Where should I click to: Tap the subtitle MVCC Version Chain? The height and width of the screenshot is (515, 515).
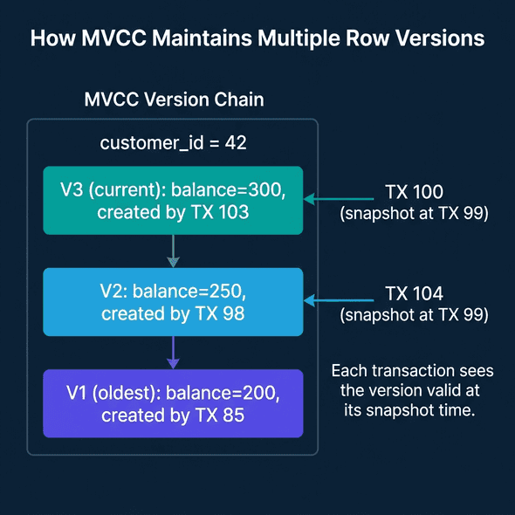click(x=174, y=100)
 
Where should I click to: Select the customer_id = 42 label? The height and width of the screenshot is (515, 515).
click(x=173, y=142)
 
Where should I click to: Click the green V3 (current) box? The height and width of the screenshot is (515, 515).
click(x=173, y=200)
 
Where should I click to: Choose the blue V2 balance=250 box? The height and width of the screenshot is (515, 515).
click(x=173, y=302)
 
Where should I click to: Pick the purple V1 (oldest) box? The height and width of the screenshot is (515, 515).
click(x=173, y=403)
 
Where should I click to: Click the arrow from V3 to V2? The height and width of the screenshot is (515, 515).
click(x=173, y=251)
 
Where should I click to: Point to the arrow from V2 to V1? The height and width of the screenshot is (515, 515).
click(x=173, y=352)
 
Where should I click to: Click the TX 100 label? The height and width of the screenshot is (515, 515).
click(x=415, y=191)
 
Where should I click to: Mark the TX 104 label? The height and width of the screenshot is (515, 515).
click(x=415, y=293)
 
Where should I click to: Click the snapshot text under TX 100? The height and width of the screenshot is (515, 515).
click(x=415, y=213)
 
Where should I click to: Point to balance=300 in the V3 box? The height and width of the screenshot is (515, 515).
click(x=237, y=189)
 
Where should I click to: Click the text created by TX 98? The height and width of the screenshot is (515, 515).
click(x=173, y=313)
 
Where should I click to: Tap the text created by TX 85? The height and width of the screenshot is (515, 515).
click(x=173, y=415)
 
